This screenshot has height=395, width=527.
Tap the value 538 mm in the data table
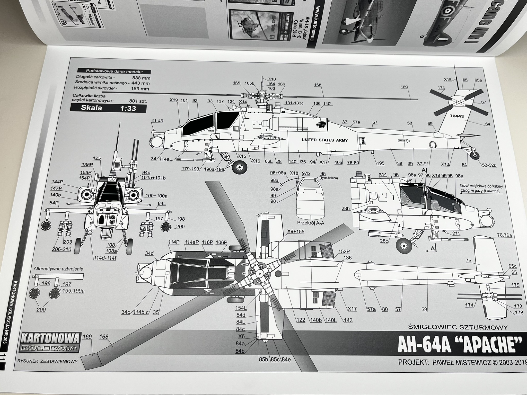click(x=141, y=78)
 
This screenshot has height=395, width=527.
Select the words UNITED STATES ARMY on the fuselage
click(x=324, y=140)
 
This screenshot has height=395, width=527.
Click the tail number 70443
click(x=457, y=116)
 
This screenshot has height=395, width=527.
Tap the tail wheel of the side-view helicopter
click(x=475, y=155)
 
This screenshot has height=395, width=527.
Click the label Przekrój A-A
click(x=311, y=223)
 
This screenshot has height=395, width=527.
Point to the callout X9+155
click(x=295, y=232)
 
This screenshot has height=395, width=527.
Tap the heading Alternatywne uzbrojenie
click(x=58, y=269)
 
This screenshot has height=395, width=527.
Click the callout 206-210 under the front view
click(x=62, y=249)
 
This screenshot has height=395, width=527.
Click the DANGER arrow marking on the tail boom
click(x=403, y=141)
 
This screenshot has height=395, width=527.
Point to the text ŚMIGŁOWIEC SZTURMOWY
click(x=458, y=328)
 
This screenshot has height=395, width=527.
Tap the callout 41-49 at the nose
click(x=157, y=121)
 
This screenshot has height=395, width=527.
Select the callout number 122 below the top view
click(x=301, y=320)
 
